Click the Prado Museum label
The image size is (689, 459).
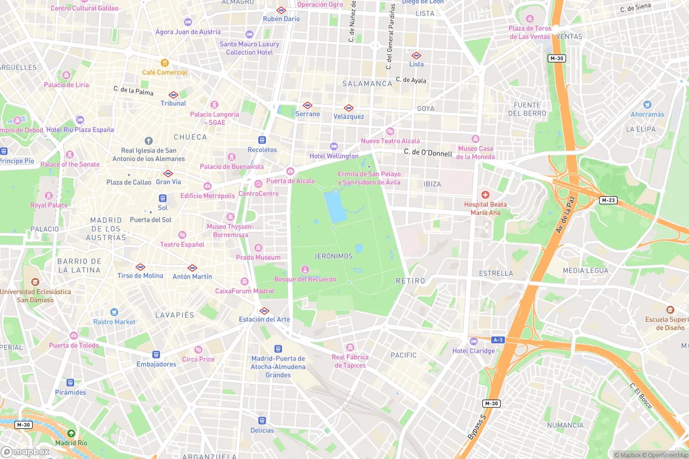258,257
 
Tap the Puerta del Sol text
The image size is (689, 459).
150,220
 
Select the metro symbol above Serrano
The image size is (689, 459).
307,106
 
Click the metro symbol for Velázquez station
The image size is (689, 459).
349,108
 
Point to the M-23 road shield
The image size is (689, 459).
608,200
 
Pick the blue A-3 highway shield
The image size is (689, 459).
498,340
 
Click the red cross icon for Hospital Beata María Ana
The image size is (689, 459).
485,195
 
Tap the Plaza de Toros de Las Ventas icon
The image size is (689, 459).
530,19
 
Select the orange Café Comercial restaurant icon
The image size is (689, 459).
164,63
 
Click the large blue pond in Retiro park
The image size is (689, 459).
335,207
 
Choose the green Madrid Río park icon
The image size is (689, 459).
71,433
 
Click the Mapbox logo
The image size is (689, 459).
25,452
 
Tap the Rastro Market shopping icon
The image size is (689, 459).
114,313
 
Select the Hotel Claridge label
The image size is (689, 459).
474,351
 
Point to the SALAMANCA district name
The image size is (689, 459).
367,84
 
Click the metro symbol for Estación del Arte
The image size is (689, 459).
264,311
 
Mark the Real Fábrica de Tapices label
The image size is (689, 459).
350,361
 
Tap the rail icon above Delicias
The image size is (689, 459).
262,420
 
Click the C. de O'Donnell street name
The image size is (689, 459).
428,152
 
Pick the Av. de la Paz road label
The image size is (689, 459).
565,215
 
